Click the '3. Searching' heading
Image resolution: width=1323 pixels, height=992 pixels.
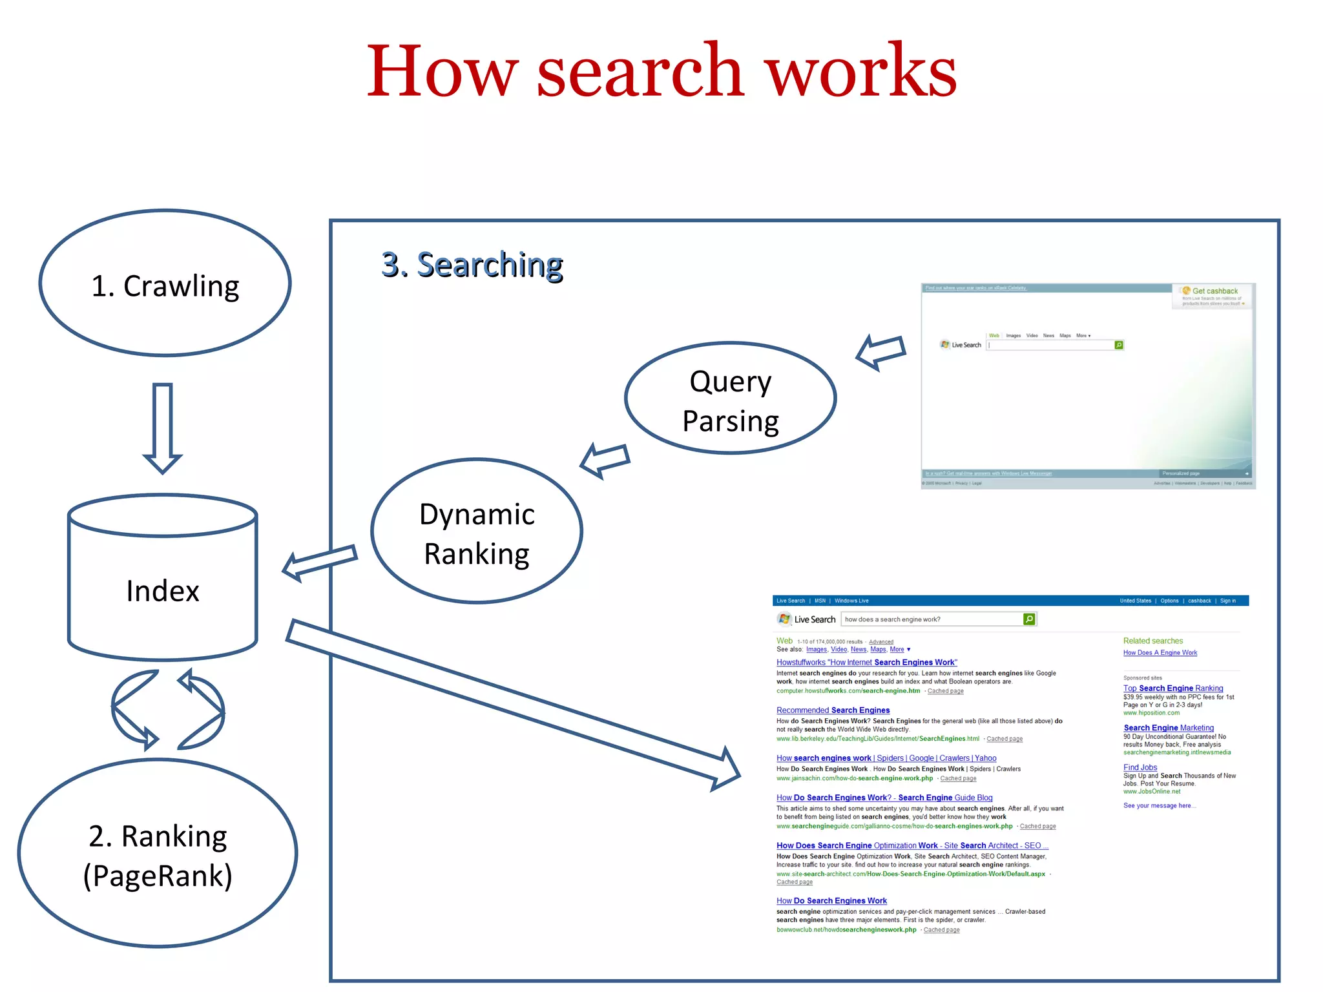click(x=472, y=265)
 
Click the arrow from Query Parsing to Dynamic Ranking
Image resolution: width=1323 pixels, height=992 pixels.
click(x=605, y=460)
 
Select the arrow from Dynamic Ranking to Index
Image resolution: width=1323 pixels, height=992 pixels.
click(x=319, y=562)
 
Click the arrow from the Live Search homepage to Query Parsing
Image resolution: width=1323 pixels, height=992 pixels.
click(x=881, y=352)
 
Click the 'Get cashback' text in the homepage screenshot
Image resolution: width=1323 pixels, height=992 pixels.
click(x=1214, y=291)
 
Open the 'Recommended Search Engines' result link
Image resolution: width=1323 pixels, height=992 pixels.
click(x=833, y=710)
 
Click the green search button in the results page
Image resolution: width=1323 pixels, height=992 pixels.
click(x=1029, y=619)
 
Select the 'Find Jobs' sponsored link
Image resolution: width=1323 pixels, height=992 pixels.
click(x=1140, y=767)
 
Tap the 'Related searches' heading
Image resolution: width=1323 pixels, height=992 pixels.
click(x=1153, y=641)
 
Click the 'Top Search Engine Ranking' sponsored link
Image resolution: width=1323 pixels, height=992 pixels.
click(x=1173, y=688)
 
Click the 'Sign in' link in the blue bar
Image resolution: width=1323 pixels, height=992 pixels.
click(x=1227, y=601)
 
